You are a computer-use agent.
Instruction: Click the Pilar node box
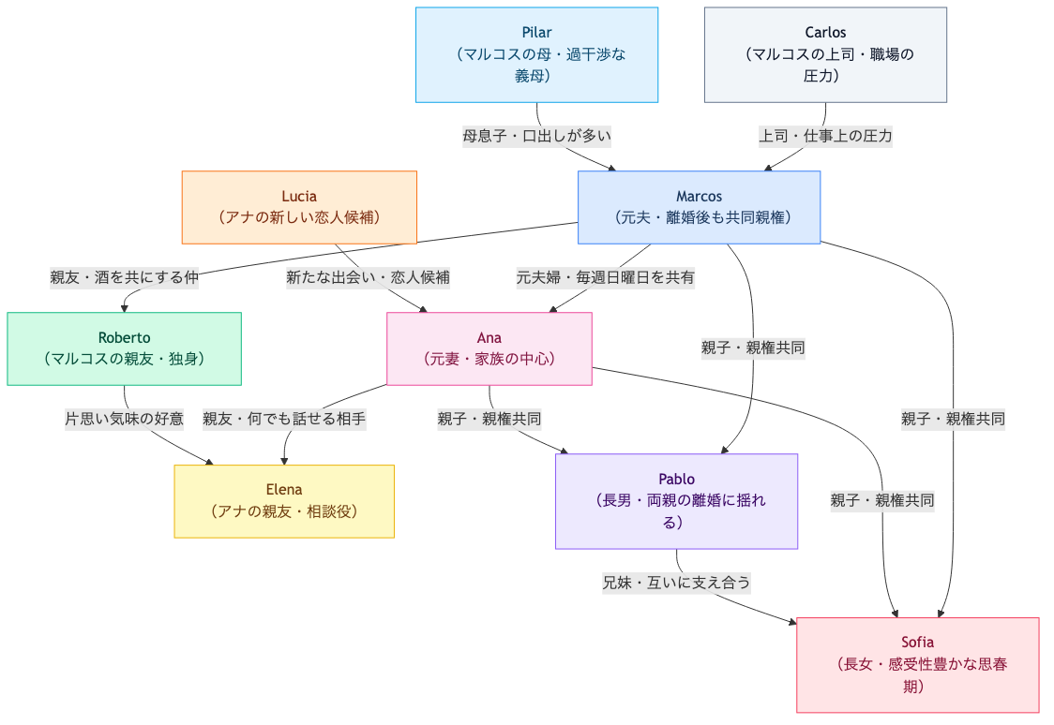point(536,54)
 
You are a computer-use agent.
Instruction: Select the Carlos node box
point(825,54)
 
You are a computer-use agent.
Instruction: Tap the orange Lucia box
point(299,207)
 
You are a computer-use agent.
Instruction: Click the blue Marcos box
point(699,207)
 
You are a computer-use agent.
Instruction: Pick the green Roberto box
point(124,348)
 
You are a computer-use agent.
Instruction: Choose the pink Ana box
point(489,348)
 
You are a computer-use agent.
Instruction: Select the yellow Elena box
point(284,501)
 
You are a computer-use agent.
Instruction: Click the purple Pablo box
point(676,501)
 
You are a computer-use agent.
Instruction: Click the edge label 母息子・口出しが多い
point(536,136)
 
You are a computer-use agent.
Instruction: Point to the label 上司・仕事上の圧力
point(825,136)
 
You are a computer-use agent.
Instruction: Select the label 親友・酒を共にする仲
point(124,277)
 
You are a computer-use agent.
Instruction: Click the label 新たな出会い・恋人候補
point(368,277)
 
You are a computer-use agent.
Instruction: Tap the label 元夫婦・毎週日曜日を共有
point(605,277)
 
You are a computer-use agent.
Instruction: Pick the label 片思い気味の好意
point(124,419)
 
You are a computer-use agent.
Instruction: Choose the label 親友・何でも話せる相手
point(284,419)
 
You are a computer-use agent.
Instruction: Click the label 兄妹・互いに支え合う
point(676,582)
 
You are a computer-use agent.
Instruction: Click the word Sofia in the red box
point(917,643)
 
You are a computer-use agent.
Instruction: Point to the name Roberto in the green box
point(124,337)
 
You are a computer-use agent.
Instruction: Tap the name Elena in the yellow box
point(284,490)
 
